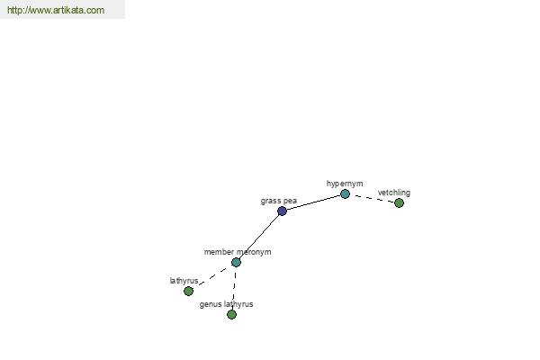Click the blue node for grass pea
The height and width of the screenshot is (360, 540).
(x=282, y=211)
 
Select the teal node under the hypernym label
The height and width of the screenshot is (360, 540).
(x=345, y=193)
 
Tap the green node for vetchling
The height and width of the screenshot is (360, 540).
(x=399, y=202)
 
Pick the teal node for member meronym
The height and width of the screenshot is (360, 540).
(x=236, y=262)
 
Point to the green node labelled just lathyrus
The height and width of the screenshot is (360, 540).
(x=188, y=291)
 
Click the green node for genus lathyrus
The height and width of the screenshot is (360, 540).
(x=231, y=314)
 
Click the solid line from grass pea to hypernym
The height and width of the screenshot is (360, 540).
(x=313, y=202)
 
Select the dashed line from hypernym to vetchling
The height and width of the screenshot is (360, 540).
(x=372, y=198)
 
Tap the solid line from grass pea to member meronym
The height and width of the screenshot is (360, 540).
(x=259, y=236)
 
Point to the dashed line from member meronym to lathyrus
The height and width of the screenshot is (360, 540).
(x=212, y=276)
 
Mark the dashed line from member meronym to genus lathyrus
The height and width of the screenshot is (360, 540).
(x=234, y=288)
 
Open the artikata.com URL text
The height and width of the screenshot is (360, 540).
(x=56, y=10)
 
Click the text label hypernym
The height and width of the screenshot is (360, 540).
(x=345, y=184)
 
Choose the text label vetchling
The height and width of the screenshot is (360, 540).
(x=393, y=193)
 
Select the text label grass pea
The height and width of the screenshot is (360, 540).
(x=279, y=201)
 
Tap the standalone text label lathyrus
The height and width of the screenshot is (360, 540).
(x=184, y=281)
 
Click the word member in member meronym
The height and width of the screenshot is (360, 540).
(x=219, y=252)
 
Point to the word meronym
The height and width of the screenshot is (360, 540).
(x=254, y=252)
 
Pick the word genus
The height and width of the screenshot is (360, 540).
(x=211, y=304)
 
